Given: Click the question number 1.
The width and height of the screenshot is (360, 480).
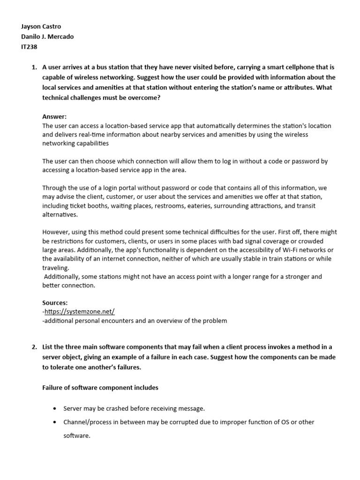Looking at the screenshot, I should click(x=34, y=67).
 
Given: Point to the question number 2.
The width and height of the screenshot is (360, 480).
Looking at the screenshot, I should click(x=34, y=346).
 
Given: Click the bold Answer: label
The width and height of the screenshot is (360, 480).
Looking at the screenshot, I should click(x=54, y=116).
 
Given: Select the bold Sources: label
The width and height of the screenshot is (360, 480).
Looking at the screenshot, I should click(x=55, y=303).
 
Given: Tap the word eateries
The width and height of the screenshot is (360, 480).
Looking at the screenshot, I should click(x=211, y=205).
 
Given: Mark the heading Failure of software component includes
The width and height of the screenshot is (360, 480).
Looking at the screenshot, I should click(x=100, y=388).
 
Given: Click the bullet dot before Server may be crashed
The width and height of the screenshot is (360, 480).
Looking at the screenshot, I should click(x=56, y=409).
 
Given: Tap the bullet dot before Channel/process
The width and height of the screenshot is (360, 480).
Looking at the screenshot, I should click(x=56, y=422).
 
